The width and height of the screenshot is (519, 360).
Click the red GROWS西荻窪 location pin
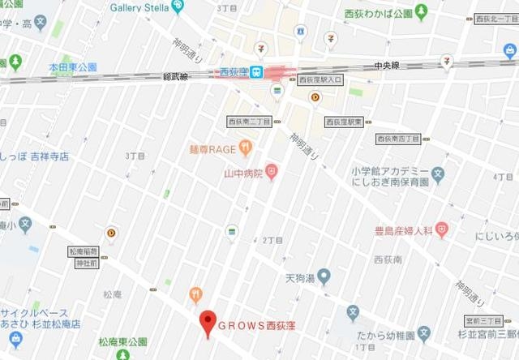tap(208, 323)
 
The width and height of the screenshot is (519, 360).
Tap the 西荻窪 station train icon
tap(255, 72)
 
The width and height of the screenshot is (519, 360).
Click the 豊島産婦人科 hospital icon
tap(441, 229)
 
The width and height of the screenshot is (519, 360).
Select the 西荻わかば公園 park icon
tap(420, 13)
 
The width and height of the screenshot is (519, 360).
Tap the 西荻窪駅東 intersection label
tap(345, 122)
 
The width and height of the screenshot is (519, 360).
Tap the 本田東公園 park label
tap(72, 66)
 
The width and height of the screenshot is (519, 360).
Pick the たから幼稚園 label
tap(386, 334)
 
